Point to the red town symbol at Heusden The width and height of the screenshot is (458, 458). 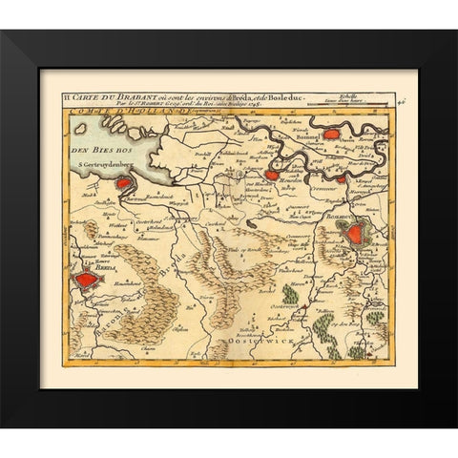pyautogui.click(x=272, y=175)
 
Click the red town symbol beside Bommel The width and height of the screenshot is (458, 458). pyautogui.click(x=333, y=134)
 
